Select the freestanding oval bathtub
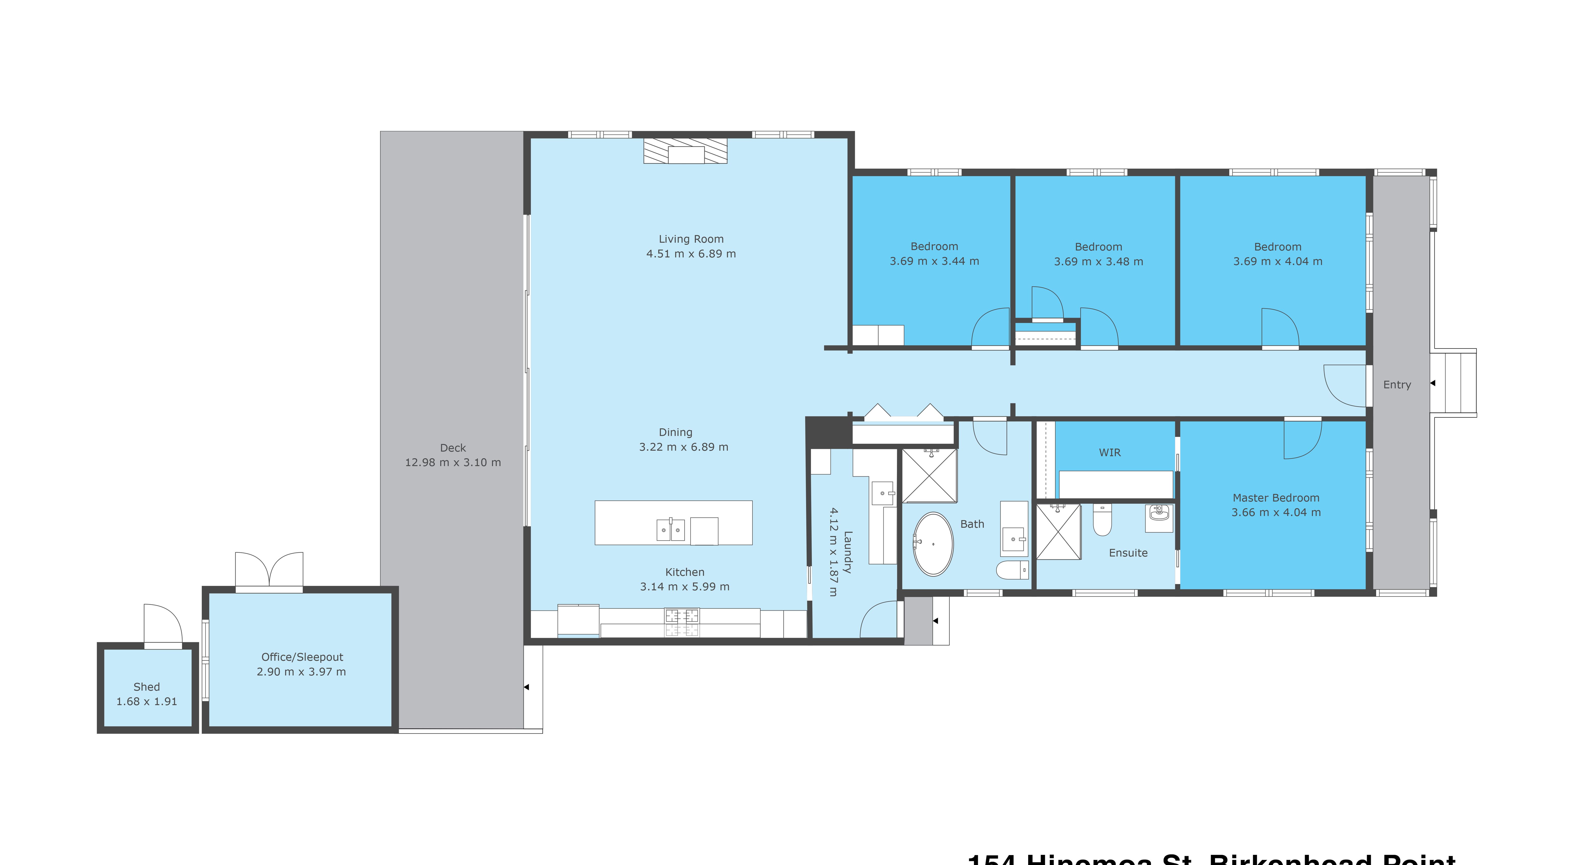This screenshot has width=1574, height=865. coord(932,544)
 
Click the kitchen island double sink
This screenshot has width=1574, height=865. coord(670,530)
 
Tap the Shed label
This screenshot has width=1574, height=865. coord(147,687)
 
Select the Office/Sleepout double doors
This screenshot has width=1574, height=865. coord(269,569)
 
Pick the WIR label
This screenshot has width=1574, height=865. coord(1110,453)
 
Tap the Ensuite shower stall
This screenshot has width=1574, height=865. coord(1058,531)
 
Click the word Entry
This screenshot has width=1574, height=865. coord(1397,385)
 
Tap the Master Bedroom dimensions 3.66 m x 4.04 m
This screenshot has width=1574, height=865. coord(1276,512)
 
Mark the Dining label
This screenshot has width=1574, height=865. coord(675,432)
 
